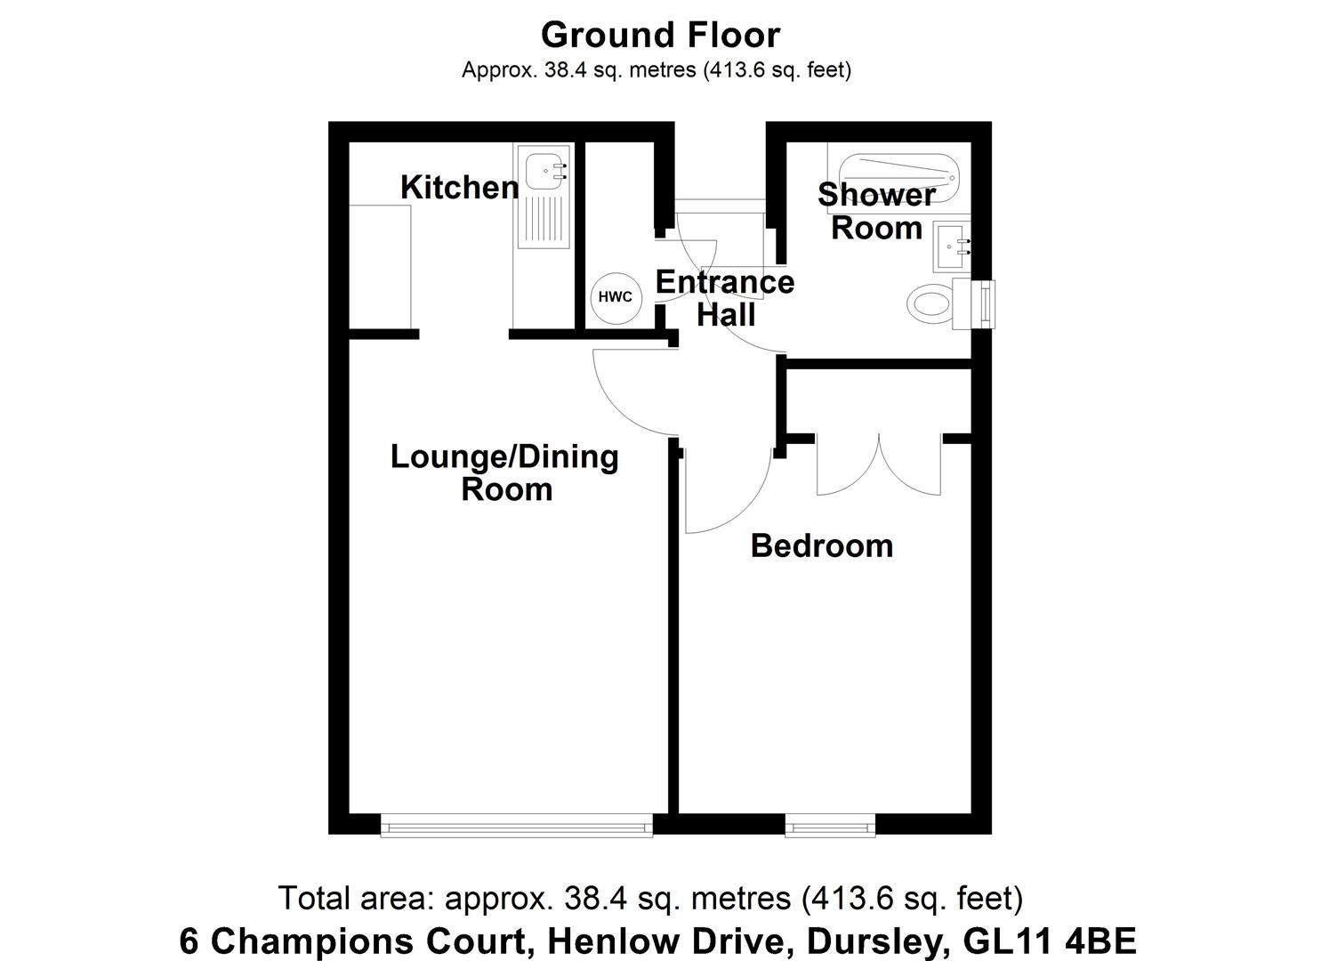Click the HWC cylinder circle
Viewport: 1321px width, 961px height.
point(614,296)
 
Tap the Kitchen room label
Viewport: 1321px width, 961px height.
point(459,187)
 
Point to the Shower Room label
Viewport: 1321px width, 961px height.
point(876,211)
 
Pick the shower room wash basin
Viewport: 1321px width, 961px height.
point(951,246)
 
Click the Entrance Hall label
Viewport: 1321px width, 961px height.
point(725,298)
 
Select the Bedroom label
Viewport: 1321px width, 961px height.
point(821,545)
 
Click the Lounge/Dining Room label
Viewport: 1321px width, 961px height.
point(505,472)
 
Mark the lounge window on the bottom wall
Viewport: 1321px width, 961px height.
point(517,827)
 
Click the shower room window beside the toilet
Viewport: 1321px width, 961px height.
point(986,303)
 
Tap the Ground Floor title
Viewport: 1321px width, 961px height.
point(660,35)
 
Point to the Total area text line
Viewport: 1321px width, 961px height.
point(651,898)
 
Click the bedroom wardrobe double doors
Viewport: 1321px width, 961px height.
point(879,464)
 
